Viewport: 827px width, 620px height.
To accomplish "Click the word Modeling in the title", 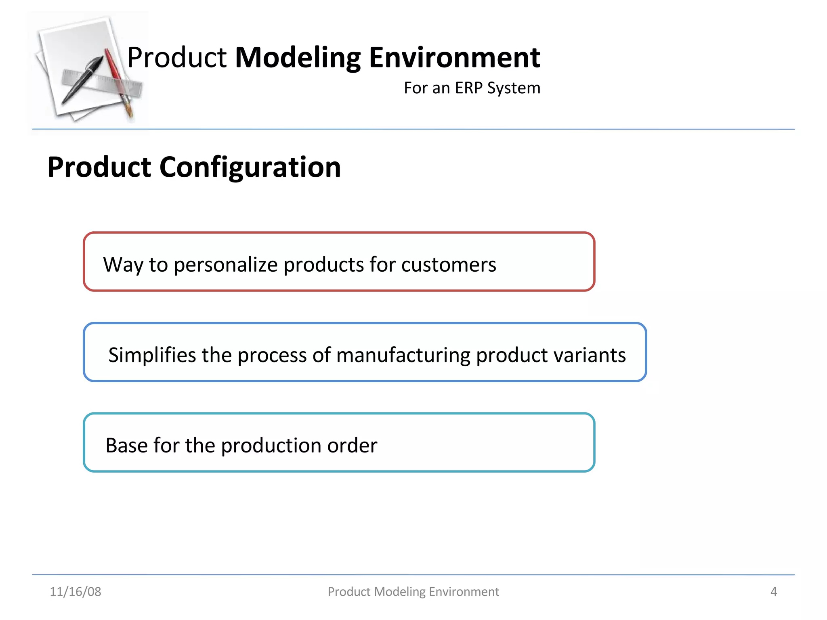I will [298, 58].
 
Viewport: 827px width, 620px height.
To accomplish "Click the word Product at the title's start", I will [177, 58].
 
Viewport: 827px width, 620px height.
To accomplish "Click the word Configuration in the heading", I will [250, 168].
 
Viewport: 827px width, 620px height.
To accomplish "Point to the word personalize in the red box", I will [226, 265].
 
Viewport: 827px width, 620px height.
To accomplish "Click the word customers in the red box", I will [448, 265].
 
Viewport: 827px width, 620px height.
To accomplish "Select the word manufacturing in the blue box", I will [403, 355].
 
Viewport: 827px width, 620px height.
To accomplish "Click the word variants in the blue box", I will [589, 355].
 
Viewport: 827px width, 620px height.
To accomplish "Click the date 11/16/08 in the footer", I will [76, 592].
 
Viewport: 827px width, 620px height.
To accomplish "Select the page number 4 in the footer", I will [773, 592].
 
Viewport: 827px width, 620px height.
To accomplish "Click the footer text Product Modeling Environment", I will [413, 592].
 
